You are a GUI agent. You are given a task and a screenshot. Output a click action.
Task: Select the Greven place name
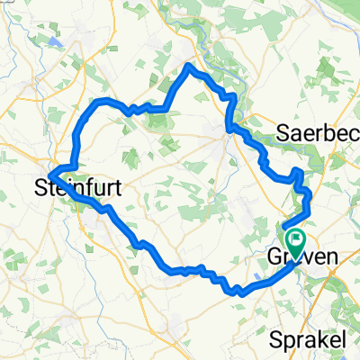(x=304, y=257)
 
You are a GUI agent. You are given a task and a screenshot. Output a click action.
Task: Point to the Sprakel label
(x=309, y=316)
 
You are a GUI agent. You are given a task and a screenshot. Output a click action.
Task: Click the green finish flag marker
(x=295, y=242)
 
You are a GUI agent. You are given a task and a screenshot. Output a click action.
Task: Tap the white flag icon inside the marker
(x=295, y=239)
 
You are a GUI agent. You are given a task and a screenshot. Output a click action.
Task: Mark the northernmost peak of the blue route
(x=189, y=65)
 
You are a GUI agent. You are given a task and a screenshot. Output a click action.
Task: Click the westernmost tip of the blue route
(x=49, y=172)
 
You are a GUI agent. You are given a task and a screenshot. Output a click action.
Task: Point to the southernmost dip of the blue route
(x=237, y=292)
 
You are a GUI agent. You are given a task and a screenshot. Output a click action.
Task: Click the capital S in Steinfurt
(x=41, y=190)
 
